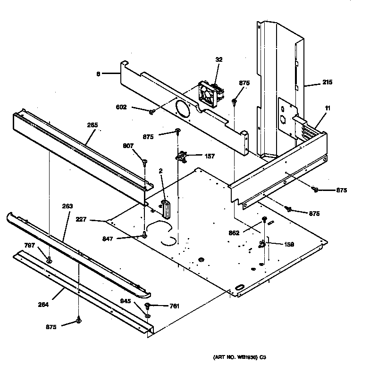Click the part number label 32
pyautogui.click(x=219, y=59)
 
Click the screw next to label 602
pyautogui.click(x=151, y=112)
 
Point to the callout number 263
pyautogui.click(x=67, y=206)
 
